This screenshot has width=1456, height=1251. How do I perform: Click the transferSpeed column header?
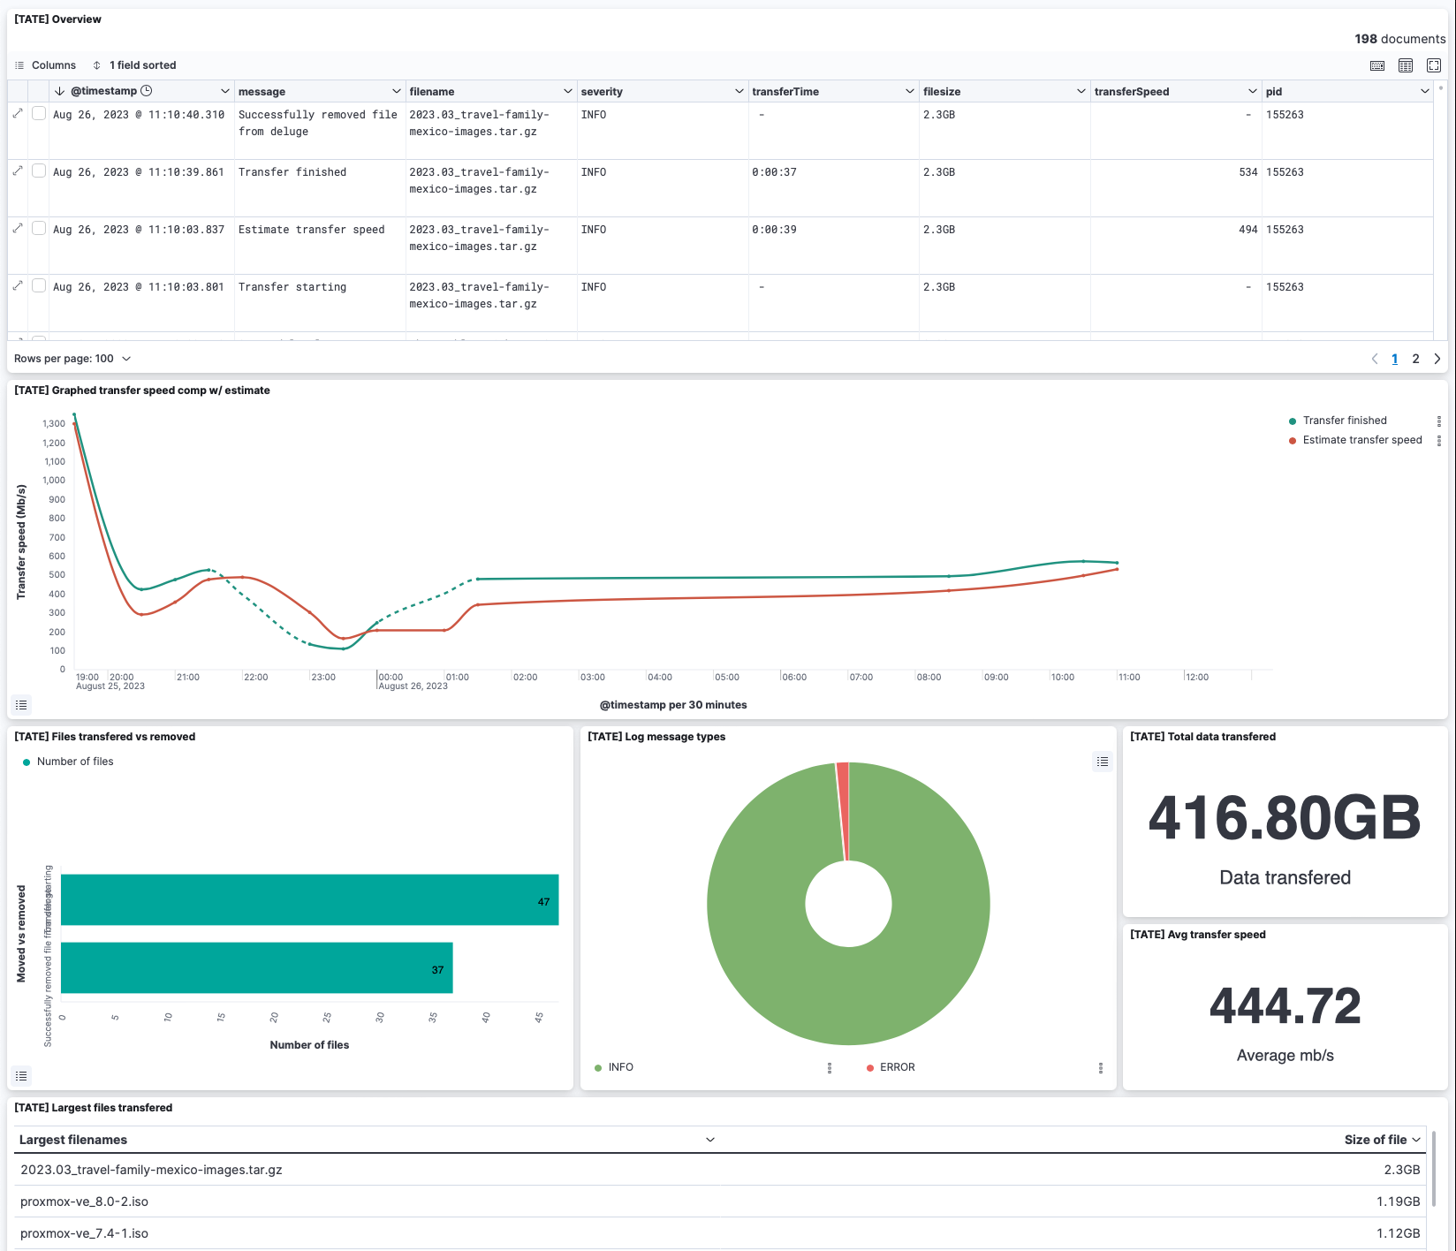click(1131, 92)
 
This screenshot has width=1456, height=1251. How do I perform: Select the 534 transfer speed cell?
click(1247, 172)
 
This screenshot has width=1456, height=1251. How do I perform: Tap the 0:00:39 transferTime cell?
click(774, 230)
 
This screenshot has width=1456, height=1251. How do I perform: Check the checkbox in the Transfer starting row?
click(39, 285)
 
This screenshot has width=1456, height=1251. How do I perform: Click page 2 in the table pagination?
click(1415, 359)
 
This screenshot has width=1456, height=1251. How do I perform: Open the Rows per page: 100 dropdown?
click(72, 359)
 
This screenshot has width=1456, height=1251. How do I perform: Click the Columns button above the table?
click(46, 65)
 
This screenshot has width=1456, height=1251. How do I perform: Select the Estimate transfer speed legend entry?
click(1361, 440)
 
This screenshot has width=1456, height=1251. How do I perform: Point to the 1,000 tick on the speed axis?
click(54, 481)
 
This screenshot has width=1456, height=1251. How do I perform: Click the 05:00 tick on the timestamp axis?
click(726, 678)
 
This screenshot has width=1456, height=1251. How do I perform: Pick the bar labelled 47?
click(309, 899)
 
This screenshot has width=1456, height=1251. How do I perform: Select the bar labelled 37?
click(256, 967)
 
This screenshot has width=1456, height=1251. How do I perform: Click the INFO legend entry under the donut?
click(620, 1067)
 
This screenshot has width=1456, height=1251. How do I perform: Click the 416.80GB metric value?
click(1284, 818)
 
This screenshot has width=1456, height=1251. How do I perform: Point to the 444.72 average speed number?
click(1285, 1006)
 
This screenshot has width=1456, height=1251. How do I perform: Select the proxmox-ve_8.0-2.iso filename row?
click(85, 1202)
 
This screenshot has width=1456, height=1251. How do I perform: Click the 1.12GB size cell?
click(1398, 1233)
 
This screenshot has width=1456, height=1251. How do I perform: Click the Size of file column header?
click(1375, 1140)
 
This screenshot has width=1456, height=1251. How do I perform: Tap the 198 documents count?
click(1399, 39)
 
